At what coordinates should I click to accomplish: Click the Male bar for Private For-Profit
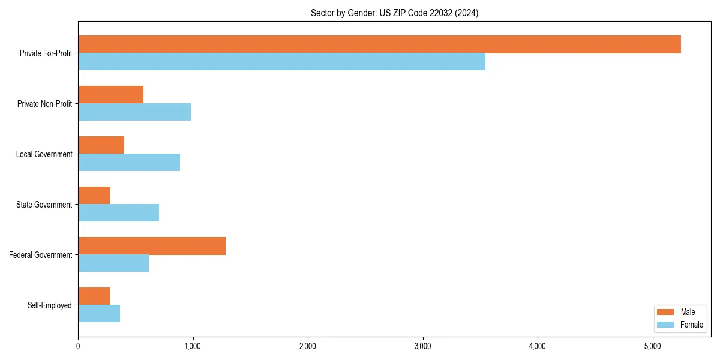coord(379,44)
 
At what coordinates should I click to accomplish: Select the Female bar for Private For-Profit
coord(281,62)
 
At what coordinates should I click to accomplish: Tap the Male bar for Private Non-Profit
coord(110,95)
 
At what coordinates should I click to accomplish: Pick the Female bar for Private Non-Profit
coord(134,112)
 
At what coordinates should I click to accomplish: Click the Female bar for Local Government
coord(129,163)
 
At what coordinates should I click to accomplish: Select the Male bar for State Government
coord(94,196)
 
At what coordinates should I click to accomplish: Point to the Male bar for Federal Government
coord(152,246)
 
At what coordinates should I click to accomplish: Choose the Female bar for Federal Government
coord(113,263)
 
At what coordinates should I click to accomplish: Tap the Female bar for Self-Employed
coord(99,314)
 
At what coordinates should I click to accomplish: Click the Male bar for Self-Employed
coord(94,296)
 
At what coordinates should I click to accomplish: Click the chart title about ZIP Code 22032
coord(394,13)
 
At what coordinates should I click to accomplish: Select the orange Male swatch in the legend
coord(665,312)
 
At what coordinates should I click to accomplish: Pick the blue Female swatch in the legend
coord(665,325)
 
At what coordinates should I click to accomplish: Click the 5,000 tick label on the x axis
coord(652,346)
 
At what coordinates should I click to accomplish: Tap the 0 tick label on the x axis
coord(78,346)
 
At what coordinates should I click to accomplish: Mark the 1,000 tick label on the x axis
coord(193,346)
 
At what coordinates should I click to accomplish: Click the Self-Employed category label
coord(50,305)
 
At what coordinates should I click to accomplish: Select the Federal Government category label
coord(41,255)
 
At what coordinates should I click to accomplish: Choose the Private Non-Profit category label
coord(44,104)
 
